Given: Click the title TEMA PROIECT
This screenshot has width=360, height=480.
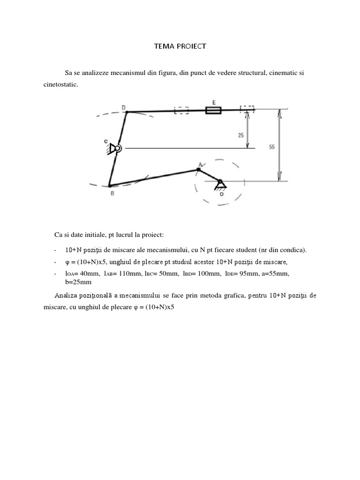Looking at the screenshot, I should [180, 46].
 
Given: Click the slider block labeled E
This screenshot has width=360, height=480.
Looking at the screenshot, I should [214, 111].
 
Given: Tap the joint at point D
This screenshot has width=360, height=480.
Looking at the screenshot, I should [127, 112].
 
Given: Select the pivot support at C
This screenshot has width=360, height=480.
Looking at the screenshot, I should [115, 149].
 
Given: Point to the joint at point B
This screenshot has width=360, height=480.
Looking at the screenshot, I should [109, 186].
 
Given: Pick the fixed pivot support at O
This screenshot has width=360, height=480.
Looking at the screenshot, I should [220, 183].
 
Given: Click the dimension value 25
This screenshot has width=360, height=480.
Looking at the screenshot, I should [241, 135].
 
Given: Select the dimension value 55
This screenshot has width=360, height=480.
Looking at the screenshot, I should [271, 147].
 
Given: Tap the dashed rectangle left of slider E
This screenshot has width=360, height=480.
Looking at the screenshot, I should [181, 111].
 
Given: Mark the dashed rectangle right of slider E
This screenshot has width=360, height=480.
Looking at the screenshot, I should [247, 109].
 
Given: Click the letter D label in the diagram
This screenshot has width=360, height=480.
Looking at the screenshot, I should [124, 107].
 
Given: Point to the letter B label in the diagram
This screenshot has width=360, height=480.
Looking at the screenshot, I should [112, 193].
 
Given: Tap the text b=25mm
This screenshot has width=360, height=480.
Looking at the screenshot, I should [78, 282].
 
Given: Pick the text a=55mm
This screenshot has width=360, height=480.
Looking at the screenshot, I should [289, 273].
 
